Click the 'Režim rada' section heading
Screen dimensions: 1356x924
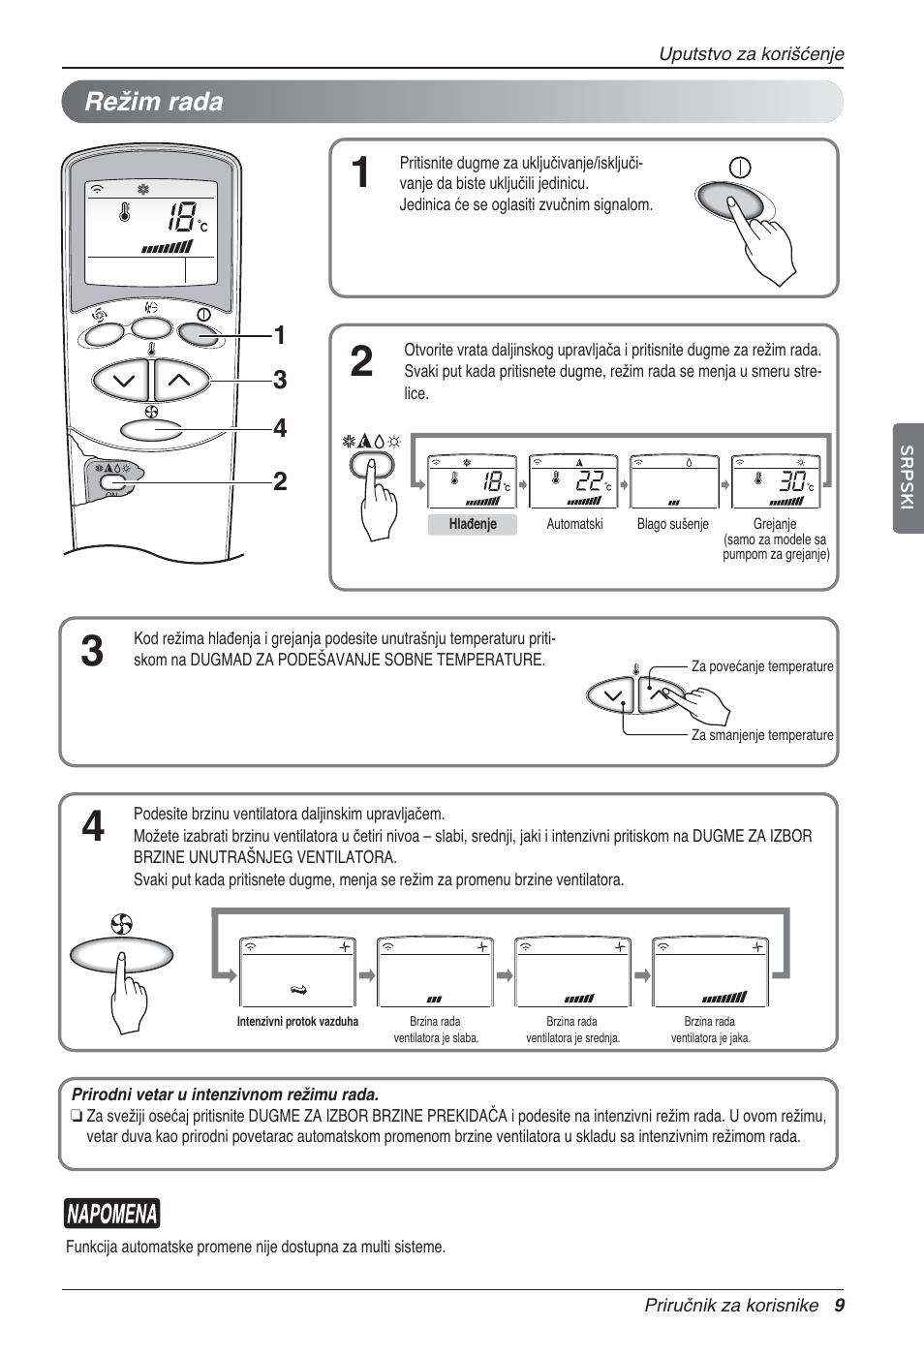154,102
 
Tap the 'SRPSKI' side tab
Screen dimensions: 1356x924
907,478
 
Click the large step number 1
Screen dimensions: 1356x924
359,173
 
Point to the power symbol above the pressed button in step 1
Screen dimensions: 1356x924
740,167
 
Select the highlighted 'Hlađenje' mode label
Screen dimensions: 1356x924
473,524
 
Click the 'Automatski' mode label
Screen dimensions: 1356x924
574,524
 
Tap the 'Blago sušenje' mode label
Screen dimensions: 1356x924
672,524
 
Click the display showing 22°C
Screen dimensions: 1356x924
573,481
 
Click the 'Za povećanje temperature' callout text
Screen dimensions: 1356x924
761,666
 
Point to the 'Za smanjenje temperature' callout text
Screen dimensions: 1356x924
761,735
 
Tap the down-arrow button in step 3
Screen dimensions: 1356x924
611,695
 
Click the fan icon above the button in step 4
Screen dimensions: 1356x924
121,925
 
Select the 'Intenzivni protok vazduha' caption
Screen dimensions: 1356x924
297,1022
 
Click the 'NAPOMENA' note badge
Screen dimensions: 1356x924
112,1214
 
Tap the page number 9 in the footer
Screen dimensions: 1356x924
839,1306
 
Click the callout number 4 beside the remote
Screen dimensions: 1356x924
280,428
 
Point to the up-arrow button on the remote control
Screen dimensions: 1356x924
179,380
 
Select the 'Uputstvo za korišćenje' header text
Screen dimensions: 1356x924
751,54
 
